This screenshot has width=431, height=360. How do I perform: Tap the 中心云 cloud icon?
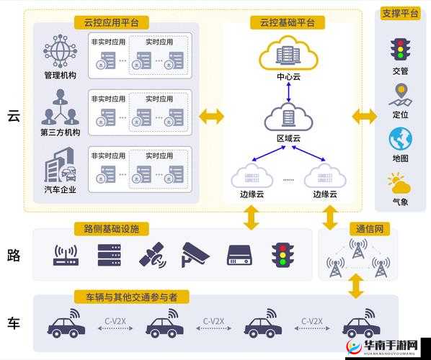(x=288, y=53)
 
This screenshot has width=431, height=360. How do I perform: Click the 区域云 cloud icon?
(x=288, y=116)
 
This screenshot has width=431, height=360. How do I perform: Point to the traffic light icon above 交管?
(x=399, y=49)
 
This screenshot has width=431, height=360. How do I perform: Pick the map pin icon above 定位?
(x=399, y=94)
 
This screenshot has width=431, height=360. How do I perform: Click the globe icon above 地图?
(x=400, y=138)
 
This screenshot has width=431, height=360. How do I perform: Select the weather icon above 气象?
(x=399, y=183)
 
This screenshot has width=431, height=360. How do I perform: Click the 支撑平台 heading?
(x=400, y=14)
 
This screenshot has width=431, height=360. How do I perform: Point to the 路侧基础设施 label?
(x=111, y=229)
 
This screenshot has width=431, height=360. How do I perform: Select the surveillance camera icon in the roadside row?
(x=195, y=253)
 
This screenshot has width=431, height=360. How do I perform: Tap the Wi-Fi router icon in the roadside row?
(x=66, y=255)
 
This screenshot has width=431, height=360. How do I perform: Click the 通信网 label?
(x=373, y=229)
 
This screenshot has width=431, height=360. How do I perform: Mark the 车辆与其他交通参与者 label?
(x=128, y=297)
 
